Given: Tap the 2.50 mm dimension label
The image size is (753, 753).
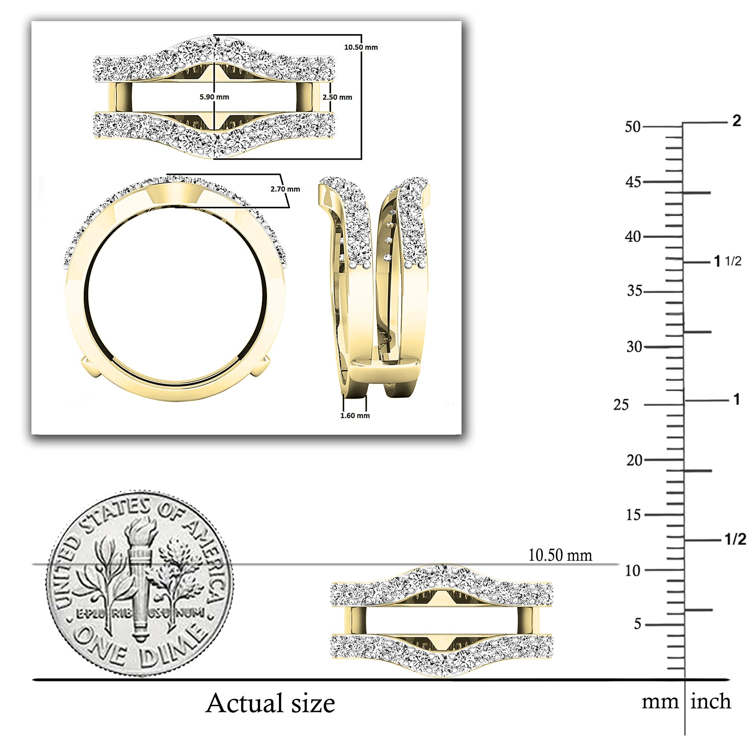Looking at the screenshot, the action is [x=337, y=97].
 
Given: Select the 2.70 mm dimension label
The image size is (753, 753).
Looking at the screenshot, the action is [x=285, y=189].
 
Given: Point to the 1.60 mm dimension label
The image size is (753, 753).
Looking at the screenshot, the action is [x=355, y=416].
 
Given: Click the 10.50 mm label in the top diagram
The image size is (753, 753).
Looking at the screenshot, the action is [x=361, y=47].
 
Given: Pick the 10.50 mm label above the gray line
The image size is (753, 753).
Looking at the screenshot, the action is [x=560, y=556].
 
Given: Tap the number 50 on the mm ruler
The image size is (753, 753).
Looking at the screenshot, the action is [x=633, y=127].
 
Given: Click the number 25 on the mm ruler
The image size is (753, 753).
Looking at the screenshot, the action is [x=621, y=405].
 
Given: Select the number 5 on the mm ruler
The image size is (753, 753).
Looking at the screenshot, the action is [x=637, y=624].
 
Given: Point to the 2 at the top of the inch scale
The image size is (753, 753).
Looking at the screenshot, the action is [x=736, y=121].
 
